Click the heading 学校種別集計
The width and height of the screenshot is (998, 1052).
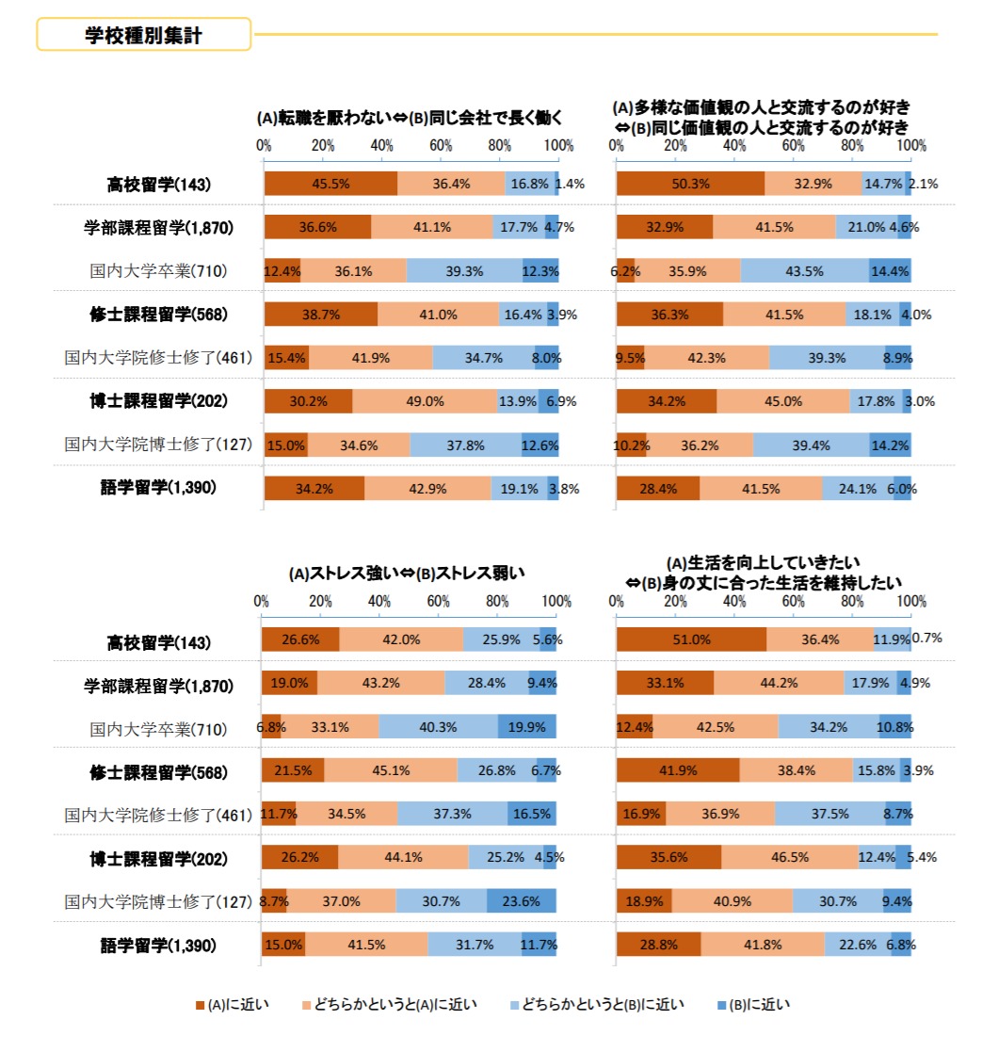pyautogui.click(x=143, y=35)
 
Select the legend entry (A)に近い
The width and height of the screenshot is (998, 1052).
pyautogui.click(x=232, y=1005)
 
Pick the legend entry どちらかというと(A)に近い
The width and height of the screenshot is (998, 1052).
pyautogui.click(x=387, y=1005)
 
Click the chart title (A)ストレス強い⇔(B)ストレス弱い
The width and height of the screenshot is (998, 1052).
pyautogui.click(x=406, y=573)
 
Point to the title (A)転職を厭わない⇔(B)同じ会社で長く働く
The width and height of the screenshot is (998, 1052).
pyautogui.click(x=410, y=119)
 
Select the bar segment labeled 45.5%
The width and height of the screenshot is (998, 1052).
pyautogui.click(x=330, y=185)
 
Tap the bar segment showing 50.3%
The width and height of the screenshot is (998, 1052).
pyautogui.click(x=690, y=185)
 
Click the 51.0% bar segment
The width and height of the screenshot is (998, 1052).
pyautogui.click(x=691, y=639)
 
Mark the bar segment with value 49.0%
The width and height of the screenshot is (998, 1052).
pyautogui.click(x=425, y=401)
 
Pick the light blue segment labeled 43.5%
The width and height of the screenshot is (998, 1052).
pyautogui.click(x=804, y=271)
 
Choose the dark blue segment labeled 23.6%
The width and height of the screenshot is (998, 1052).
pyautogui.click(x=521, y=901)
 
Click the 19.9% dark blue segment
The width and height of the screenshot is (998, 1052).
pyautogui.click(x=527, y=727)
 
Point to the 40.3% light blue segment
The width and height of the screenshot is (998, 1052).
pyautogui.click(x=438, y=727)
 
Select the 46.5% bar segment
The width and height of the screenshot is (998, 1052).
pyautogui.click(x=789, y=858)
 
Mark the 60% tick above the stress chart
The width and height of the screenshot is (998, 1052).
pyautogui.click(x=439, y=602)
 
